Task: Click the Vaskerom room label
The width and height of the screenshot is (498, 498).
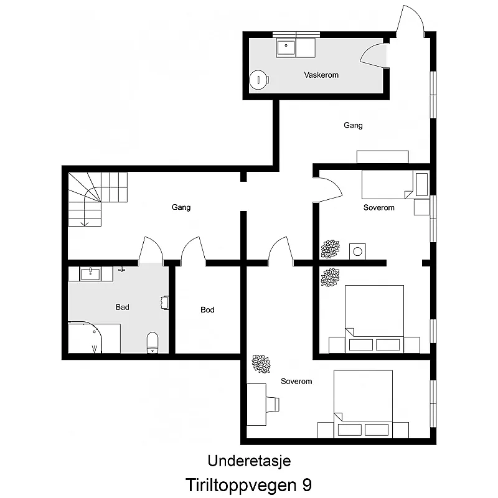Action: [x=321, y=75]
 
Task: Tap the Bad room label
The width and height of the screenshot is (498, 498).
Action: [x=123, y=307]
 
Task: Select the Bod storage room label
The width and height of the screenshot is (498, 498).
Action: [x=207, y=309]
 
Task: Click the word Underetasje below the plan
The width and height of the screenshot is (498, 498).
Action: [x=249, y=461]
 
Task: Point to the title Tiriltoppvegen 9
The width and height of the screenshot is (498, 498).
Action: [x=249, y=484]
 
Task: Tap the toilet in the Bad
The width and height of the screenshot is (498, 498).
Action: [x=153, y=341]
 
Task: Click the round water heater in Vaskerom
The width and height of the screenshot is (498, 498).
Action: [x=258, y=79]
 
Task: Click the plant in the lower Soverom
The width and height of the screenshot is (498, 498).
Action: [x=260, y=364]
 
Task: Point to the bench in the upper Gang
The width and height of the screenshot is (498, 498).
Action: [x=382, y=156]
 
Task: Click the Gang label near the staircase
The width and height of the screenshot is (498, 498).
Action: [x=181, y=207]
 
